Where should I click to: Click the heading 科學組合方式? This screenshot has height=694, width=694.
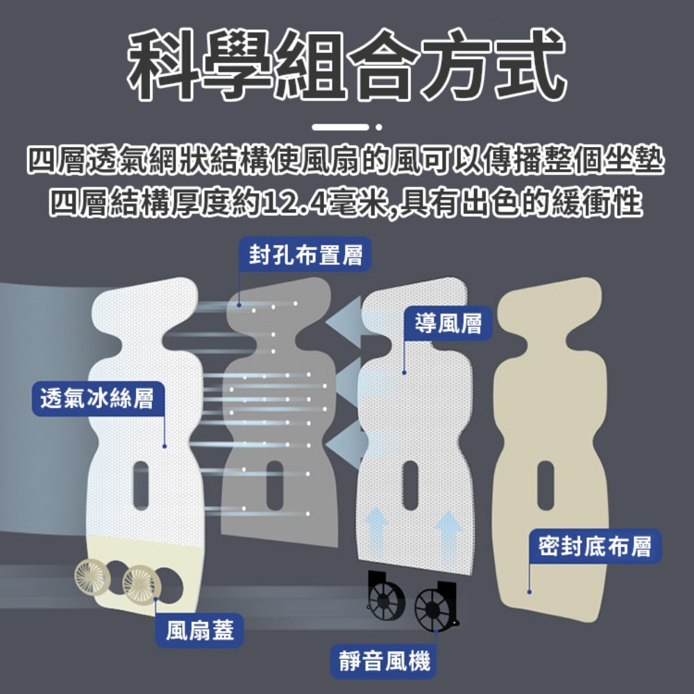[x=346, y=65]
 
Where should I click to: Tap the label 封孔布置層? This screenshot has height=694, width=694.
[x=305, y=255]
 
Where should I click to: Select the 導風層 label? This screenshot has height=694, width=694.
[x=448, y=323]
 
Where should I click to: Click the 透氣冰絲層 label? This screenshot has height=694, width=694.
[x=97, y=398]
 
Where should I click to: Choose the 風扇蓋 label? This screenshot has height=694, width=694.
[x=199, y=630]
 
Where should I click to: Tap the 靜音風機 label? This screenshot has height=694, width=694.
[x=383, y=661]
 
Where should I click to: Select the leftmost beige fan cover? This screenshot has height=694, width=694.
[x=92, y=577]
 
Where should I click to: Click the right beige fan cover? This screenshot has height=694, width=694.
[x=141, y=584]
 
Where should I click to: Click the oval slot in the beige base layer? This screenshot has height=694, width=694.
[x=545, y=486]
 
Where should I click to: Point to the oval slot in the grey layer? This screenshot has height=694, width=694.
[x=275, y=485]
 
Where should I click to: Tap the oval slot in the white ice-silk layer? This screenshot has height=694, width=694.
[x=141, y=485]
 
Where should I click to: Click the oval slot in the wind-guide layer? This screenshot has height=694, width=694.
[x=410, y=485]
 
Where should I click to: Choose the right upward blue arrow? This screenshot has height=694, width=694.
[x=448, y=539]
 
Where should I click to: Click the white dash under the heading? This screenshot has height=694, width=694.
[x=340, y=127]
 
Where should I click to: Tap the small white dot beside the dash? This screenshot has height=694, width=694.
[x=378, y=127]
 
